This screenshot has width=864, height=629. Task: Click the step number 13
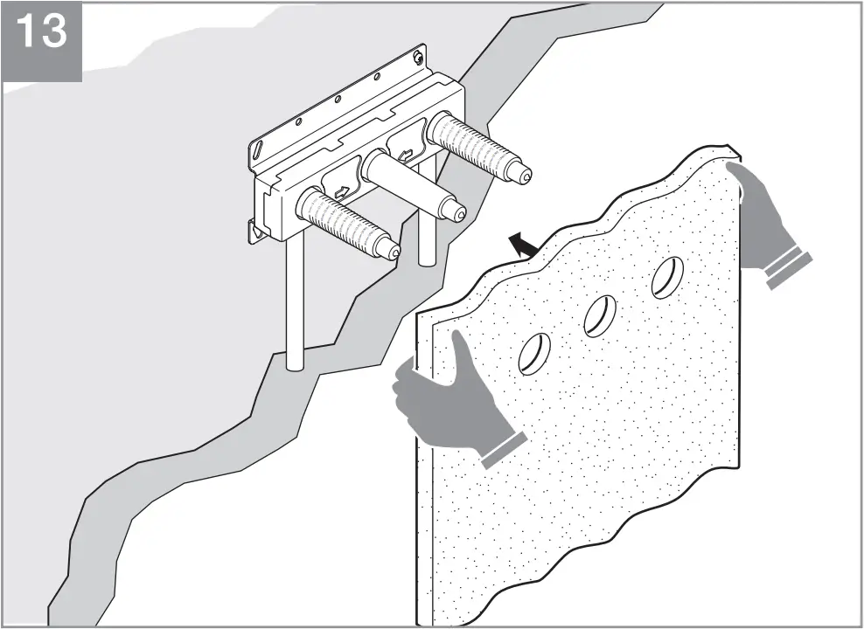tap(41, 31)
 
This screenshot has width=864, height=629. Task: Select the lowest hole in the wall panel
tap(533, 354)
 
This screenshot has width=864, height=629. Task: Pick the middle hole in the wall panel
tap(600, 315)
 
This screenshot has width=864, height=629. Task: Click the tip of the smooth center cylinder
tap(456, 211)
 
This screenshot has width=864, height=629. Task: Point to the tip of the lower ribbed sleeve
tap(393, 252)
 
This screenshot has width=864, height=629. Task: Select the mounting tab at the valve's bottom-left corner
tap(256, 229)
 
